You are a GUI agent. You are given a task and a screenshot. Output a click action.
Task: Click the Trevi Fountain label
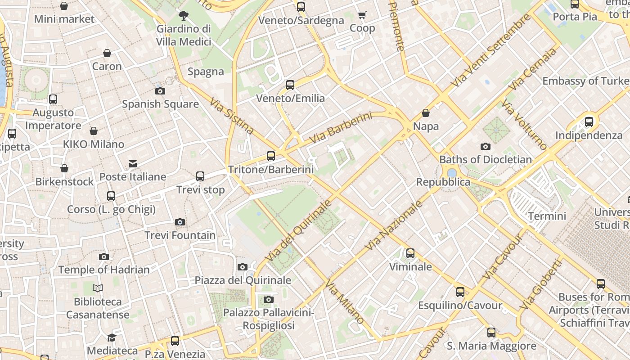(180, 235)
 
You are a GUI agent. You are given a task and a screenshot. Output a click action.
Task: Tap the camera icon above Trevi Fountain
(180, 222)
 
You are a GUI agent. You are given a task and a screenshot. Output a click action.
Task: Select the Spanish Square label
(160, 104)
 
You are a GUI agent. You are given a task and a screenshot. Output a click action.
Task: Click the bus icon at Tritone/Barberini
(270, 156)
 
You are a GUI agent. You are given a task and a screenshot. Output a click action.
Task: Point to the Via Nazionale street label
(394, 225)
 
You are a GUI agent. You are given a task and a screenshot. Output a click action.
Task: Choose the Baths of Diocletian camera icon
(485, 146)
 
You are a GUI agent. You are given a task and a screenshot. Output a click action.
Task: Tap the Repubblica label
(443, 182)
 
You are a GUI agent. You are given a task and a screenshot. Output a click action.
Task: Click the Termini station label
(547, 216)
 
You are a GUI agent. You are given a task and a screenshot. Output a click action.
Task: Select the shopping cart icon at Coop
(362, 15)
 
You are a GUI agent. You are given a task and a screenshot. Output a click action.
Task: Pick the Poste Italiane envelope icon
(133, 163)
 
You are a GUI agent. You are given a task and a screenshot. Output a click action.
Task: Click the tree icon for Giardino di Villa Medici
(183, 16)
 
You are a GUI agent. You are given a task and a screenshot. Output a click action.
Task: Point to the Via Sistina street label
(232, 116)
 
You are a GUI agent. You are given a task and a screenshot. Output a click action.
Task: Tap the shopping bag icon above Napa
(425, 113)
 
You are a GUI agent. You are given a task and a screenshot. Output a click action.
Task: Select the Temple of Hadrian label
(104, 270)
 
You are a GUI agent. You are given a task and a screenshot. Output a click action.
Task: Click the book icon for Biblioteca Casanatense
(98, 288)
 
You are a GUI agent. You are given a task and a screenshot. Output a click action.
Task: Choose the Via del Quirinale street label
(298, 231)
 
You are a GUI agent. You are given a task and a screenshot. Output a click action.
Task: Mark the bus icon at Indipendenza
(589, 121)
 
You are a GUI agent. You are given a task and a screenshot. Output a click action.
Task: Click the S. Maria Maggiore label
(491, 346)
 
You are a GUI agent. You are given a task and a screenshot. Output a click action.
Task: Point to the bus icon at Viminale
(410, 253)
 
